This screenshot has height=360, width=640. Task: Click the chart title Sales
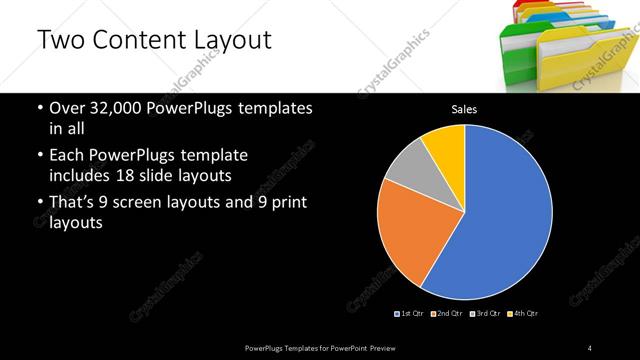tap(464, 108)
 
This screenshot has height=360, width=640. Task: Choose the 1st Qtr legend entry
tap(411, 313)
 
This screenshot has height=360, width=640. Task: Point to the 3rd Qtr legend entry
tap(484, 313)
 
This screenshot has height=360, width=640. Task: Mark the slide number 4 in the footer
tap(590, 347)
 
